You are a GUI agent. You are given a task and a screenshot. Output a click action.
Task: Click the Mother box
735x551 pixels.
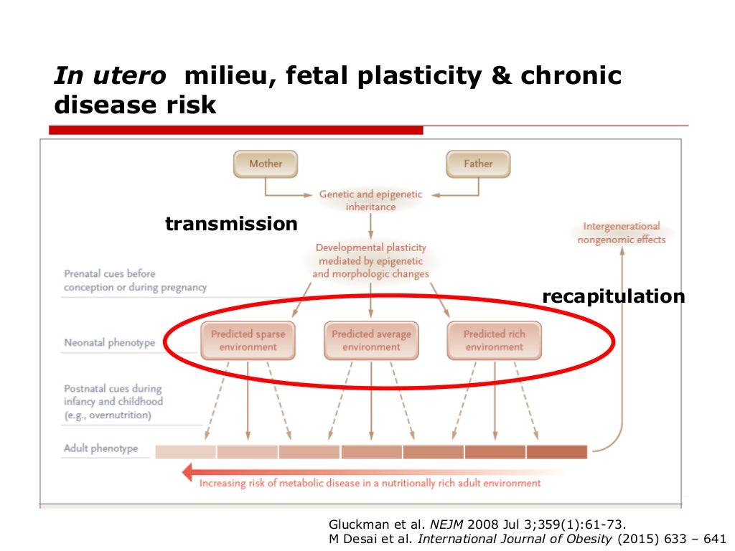click(266, 164)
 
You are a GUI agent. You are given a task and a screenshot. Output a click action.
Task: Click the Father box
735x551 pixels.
click(478, 164)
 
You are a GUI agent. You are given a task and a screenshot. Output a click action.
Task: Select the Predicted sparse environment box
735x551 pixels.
click(248, 341)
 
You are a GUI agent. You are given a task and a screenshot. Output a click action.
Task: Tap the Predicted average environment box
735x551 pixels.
click(371, 341)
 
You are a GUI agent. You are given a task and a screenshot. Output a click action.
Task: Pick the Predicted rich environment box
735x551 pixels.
click(494, 341)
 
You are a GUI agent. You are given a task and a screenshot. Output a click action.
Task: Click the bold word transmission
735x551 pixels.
click(231, 224)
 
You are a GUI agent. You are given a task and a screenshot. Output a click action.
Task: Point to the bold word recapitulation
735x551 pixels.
click(613, 296)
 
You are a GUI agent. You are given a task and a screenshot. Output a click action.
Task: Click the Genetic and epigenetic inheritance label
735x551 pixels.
click(370, 201)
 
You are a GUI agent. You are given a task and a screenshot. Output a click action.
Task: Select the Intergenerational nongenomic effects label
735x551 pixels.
click(622, 232)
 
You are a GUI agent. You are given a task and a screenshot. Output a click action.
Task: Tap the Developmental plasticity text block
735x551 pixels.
click(370, 260)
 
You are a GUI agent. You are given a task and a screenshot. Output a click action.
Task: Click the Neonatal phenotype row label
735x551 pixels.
click(109, 343)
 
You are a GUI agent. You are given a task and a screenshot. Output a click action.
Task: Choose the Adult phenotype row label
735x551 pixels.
click(100, 449)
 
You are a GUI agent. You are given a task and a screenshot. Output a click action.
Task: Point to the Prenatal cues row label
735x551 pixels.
click(135, 281)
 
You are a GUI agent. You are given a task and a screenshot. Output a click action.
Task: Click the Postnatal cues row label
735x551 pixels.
click(113, 402)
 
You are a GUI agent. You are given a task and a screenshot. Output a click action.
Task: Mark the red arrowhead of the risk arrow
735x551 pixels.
click(189, 472)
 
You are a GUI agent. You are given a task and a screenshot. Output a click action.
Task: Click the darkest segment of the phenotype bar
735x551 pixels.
click(556, 452)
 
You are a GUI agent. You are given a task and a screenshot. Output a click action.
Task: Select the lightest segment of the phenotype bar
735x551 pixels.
click(185, 452)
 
